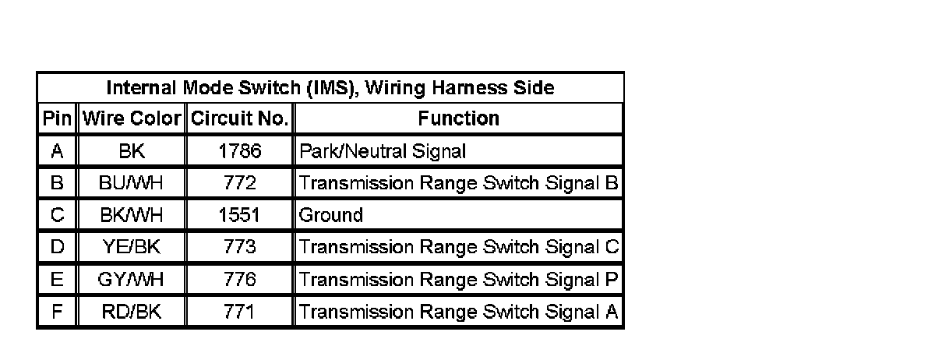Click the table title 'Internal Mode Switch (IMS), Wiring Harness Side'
(x=330, y=87)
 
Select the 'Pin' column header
(x=57, y=118)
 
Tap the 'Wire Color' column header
(x=131, y=118)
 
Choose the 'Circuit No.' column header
(x=240, y=118)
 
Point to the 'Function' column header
(x=459, y=118)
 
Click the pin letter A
(x=57, y=151)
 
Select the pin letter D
(x=57, y=247)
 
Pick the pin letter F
(x=57, y=312)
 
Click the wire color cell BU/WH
(x=131, y=183)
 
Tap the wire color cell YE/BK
(x=131, y=247)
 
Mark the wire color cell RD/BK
(x=131, y=312)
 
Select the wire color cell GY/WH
(x=131, y=280)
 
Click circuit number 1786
(x=240, y=151)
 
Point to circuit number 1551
(x=240, y=215)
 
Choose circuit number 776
(x=240, y=280)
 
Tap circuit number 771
(x=240, y=312)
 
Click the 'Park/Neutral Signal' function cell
(x=383, y=151)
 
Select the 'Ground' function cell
(x=332, y=215)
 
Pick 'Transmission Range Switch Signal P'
(x=459, y=280)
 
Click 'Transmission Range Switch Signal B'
(x=459, y=183)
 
